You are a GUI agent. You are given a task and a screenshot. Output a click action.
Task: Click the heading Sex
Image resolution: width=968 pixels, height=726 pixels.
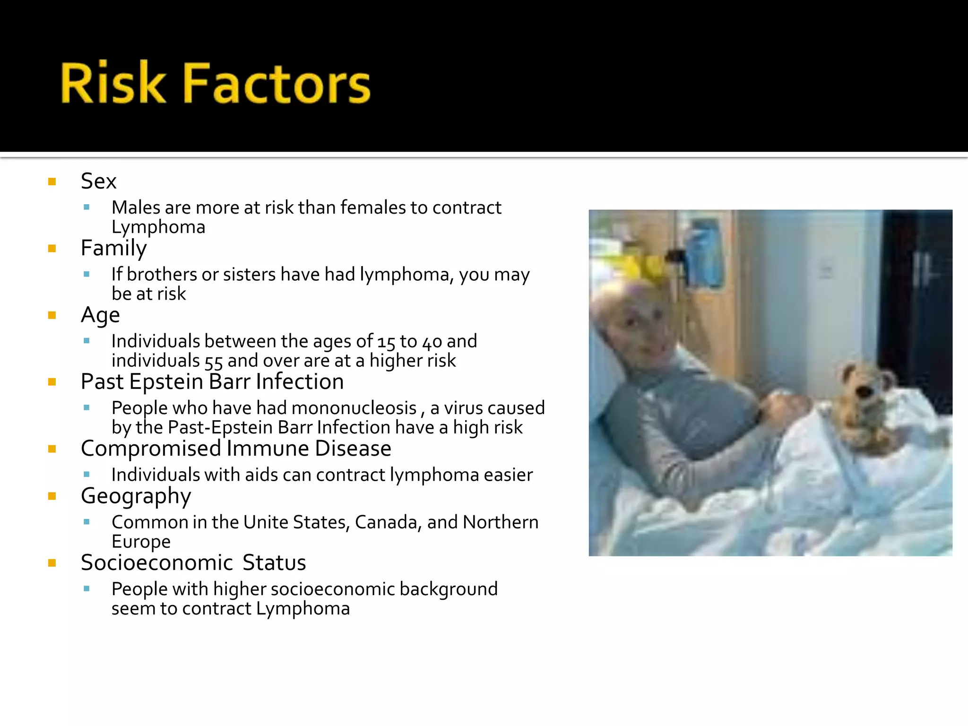click(98, 181)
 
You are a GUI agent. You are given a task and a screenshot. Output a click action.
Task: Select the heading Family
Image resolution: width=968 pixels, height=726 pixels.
click(113, 248)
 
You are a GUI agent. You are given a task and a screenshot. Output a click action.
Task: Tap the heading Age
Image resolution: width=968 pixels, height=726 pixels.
click(100, 315)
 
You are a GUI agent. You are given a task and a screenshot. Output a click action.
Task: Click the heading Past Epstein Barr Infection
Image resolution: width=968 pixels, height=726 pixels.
click(212, 382)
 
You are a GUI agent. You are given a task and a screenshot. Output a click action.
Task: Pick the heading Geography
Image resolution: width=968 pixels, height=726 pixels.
click(136, 496)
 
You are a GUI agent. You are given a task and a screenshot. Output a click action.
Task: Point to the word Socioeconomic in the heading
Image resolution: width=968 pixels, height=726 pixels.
click(156, 563)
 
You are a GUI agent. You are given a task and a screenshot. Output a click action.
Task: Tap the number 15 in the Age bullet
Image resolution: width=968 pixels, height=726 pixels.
click(386, 342)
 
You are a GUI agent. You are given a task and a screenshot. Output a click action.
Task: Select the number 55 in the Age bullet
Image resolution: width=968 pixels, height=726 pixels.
click(213, 362)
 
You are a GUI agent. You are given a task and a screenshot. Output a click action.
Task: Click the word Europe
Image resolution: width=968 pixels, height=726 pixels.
click(141, 542)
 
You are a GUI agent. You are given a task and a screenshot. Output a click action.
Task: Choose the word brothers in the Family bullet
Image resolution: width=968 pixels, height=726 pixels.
click(161, 275)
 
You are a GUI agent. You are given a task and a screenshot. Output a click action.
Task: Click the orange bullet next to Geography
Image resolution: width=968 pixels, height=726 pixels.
click(52, 496)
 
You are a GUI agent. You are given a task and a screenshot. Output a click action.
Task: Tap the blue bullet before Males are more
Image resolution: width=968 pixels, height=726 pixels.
click(86, 207)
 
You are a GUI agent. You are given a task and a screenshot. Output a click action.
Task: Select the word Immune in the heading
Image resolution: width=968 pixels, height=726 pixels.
click(268, 449)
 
